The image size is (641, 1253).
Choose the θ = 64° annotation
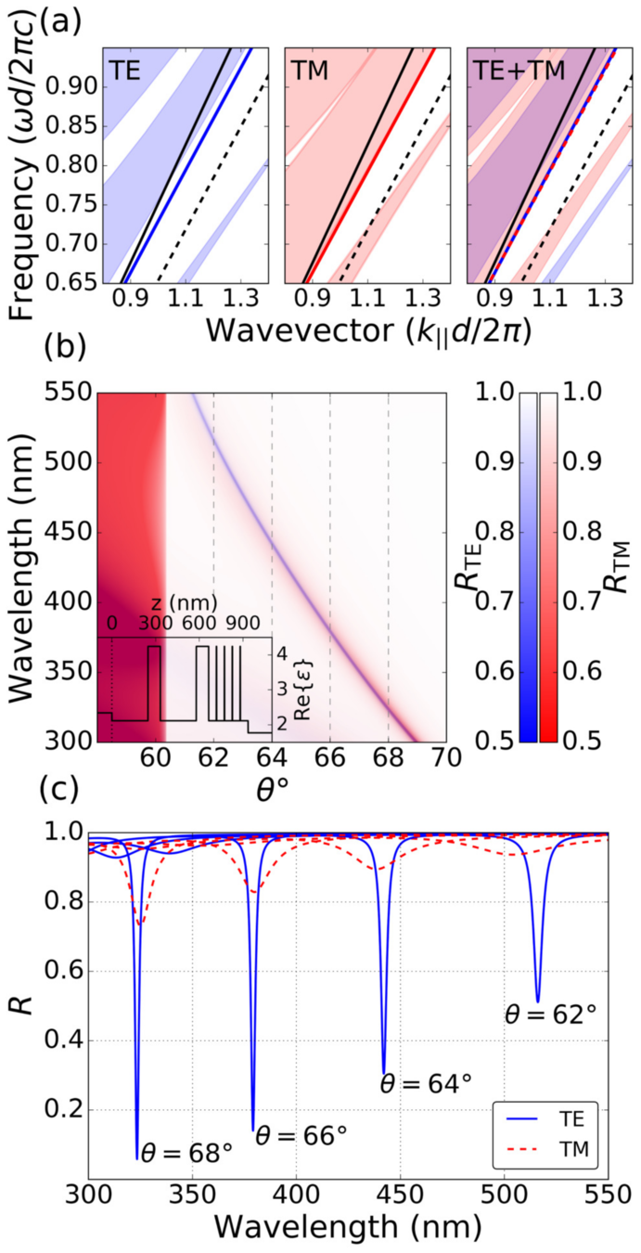pos(427,1083)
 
